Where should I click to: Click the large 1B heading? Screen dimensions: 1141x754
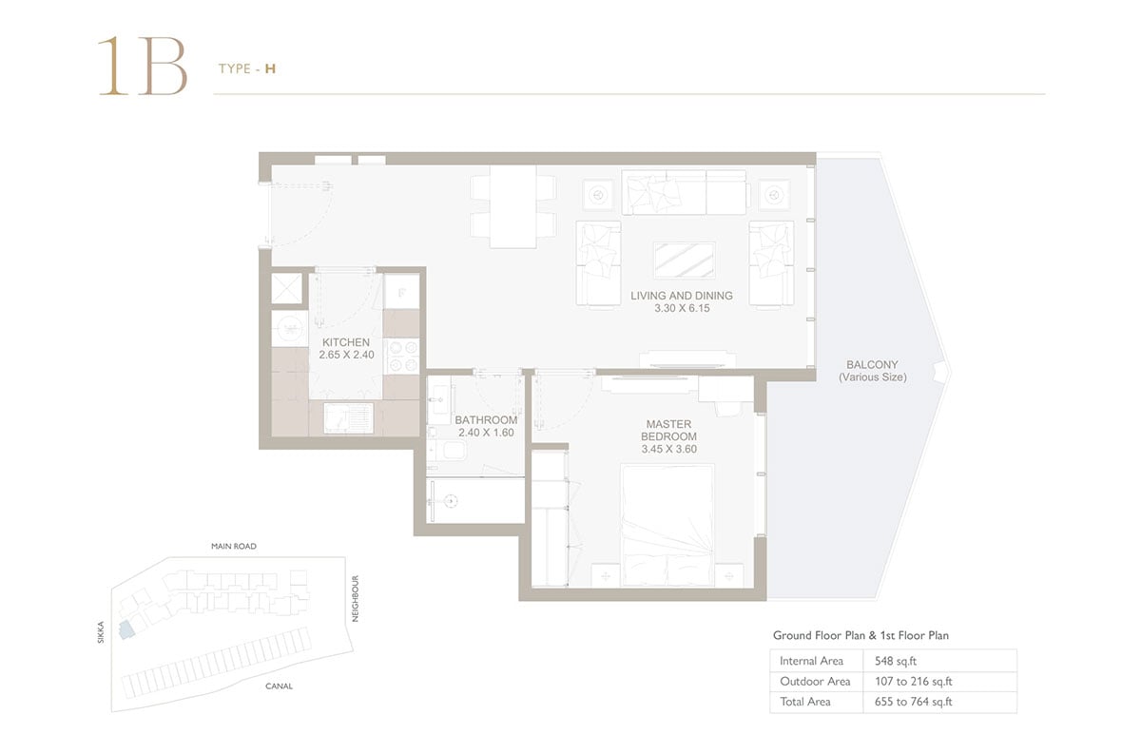[x=143, y=66]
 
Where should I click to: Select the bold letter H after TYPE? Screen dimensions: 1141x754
[x=270, y=68]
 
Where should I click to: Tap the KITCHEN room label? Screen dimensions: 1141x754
[x=346, y=342]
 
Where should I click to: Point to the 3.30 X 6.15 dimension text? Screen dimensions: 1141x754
[x=682, y=308]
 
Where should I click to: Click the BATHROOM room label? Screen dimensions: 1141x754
[x=486, y=420]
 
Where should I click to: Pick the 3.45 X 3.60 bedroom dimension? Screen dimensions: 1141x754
[x=668, y=449]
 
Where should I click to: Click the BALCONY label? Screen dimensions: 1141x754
[x=872, y=365]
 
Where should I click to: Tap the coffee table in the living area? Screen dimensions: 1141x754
[x=684, y=261]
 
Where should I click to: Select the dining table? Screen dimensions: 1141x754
[x=512, y=207]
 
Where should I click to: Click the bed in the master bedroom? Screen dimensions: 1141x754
[x=667, y=525]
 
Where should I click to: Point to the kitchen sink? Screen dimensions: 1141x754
[x=348, y=418]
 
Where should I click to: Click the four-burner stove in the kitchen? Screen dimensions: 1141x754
[x=403, y=357]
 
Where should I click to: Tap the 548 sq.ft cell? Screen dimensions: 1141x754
[x=896, y=661]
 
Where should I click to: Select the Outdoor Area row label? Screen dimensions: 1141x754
[x=815, y=681]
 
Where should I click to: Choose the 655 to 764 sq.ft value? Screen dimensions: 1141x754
[x=914, y=702]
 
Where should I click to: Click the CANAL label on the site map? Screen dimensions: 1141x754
[x=279, y=686]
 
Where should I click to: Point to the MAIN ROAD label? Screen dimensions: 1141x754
[x=234, y=546]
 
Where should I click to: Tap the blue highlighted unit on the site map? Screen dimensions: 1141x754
[x=126, y=630]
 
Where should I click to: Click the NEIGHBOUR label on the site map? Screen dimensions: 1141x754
[x=356, y=599]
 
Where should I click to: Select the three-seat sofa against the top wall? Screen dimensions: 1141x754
[x=685, y=193]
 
